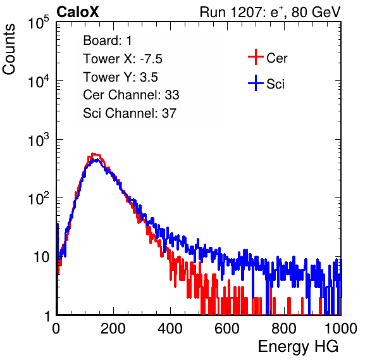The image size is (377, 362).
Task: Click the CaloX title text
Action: click(77, 12)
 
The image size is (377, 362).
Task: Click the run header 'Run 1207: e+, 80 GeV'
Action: click(270, 12)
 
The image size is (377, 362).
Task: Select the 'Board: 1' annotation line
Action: click(108, 41)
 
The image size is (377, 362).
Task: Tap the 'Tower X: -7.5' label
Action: click(123, 59)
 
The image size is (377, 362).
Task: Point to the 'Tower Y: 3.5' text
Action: click(120, 77)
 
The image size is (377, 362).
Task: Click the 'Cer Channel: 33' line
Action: click(131, 95)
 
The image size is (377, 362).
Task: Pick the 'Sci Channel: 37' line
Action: click(130, 113)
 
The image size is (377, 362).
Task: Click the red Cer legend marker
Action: click(256, 57)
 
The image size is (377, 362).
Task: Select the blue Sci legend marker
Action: click(256, 84)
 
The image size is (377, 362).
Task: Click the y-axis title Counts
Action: click(9, 49)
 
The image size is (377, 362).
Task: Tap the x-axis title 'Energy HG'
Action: click(298, 347)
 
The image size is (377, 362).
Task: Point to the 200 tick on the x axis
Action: click(113, 328)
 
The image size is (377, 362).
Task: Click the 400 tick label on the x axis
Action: click(170, 328)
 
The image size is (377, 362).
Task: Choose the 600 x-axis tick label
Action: click(227, 328)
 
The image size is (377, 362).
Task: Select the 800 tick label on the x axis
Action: click(284, 328)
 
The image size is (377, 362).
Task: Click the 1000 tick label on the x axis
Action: click(341, 328)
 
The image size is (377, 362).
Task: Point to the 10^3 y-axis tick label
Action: click(39, 140)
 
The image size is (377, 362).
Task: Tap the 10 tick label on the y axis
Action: click(41, 258)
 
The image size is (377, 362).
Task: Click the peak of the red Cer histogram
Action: click(94, 154)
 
